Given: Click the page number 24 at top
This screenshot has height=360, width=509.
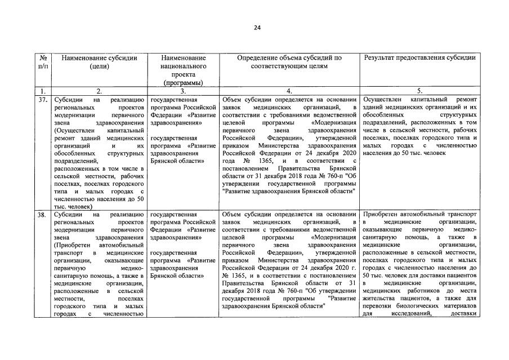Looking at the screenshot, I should click(x=256, y=28).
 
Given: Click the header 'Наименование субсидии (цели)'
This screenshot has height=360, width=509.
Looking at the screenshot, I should click(x=99, y=61).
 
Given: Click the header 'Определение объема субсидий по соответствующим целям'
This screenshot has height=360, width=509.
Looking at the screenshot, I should click(x=289, y=61).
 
